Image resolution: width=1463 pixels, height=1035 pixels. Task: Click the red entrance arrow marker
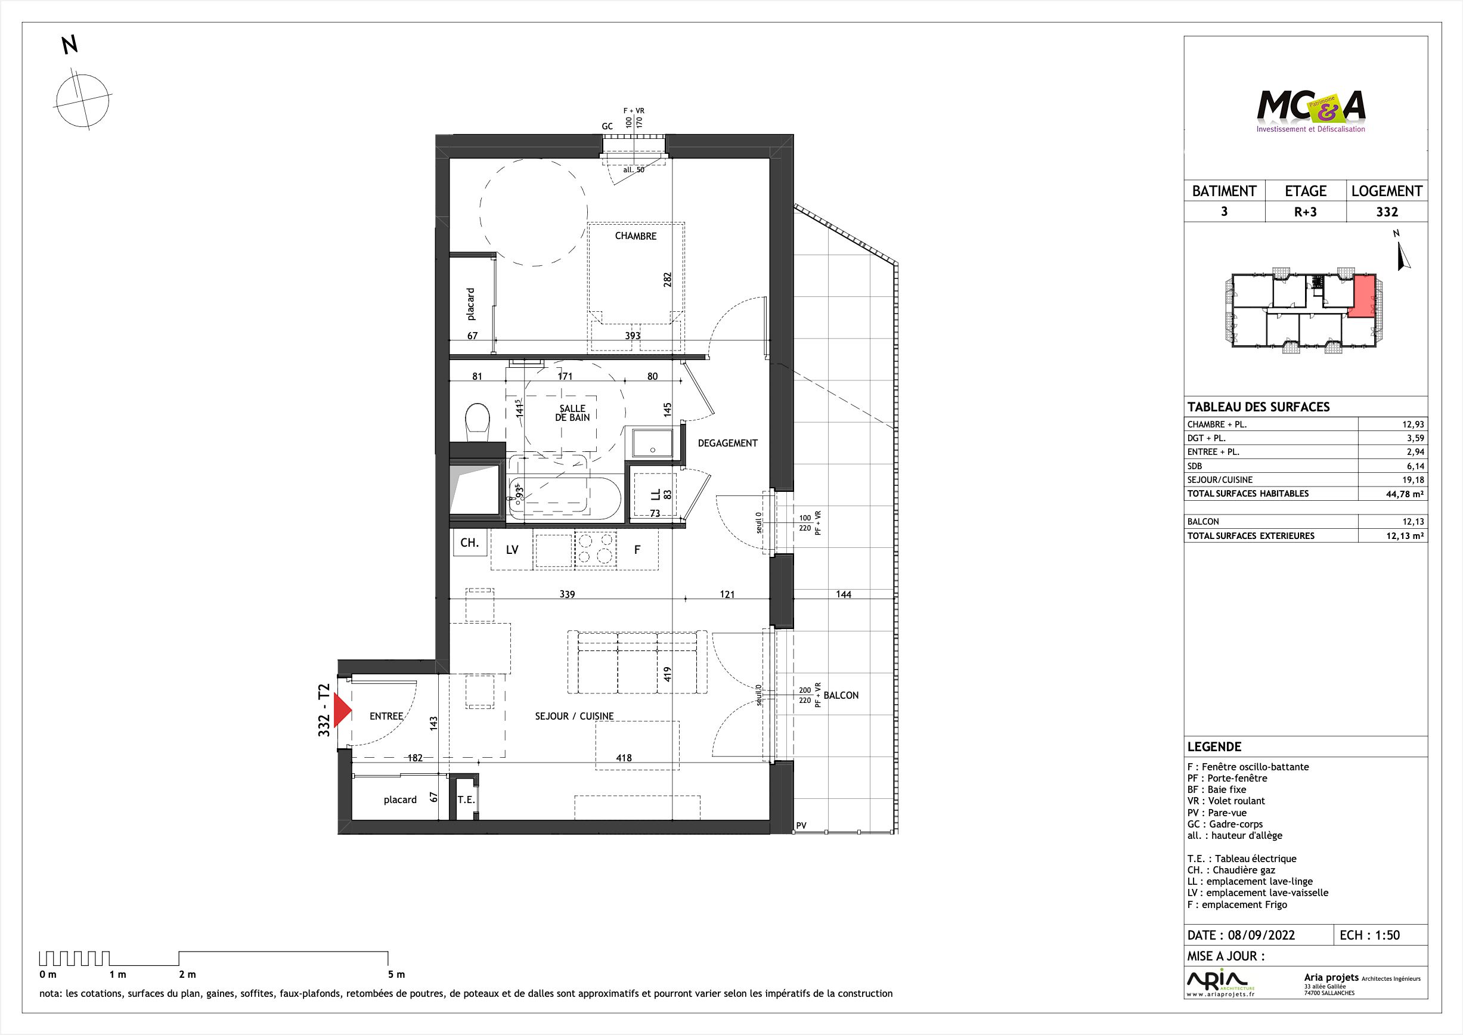342,710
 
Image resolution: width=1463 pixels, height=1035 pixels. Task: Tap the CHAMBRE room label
636,236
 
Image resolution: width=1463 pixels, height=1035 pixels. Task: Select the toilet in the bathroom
478,422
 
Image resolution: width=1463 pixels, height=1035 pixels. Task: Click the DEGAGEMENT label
728,443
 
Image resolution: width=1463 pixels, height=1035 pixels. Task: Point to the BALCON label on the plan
841,695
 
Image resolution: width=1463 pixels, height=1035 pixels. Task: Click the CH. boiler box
470,543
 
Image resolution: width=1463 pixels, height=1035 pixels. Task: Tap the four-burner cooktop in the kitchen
596,549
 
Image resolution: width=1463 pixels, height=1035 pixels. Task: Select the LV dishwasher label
512,549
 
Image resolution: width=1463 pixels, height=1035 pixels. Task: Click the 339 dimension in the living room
567,594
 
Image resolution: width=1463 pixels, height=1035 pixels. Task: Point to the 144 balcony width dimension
844,594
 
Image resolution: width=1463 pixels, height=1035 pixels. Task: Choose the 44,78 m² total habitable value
1405,494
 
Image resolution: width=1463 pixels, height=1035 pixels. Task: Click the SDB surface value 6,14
1415,466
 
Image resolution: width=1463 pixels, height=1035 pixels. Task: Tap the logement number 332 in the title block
1387,212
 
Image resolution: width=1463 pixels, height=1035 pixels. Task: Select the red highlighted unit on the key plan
1362,296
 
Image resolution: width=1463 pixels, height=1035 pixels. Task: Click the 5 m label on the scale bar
396,974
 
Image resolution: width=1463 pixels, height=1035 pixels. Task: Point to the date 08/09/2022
1261,935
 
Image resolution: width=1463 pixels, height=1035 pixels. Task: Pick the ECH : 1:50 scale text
1369,935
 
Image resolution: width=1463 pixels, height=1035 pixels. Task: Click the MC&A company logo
1311,111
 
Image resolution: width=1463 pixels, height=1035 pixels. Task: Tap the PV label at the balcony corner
801,825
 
